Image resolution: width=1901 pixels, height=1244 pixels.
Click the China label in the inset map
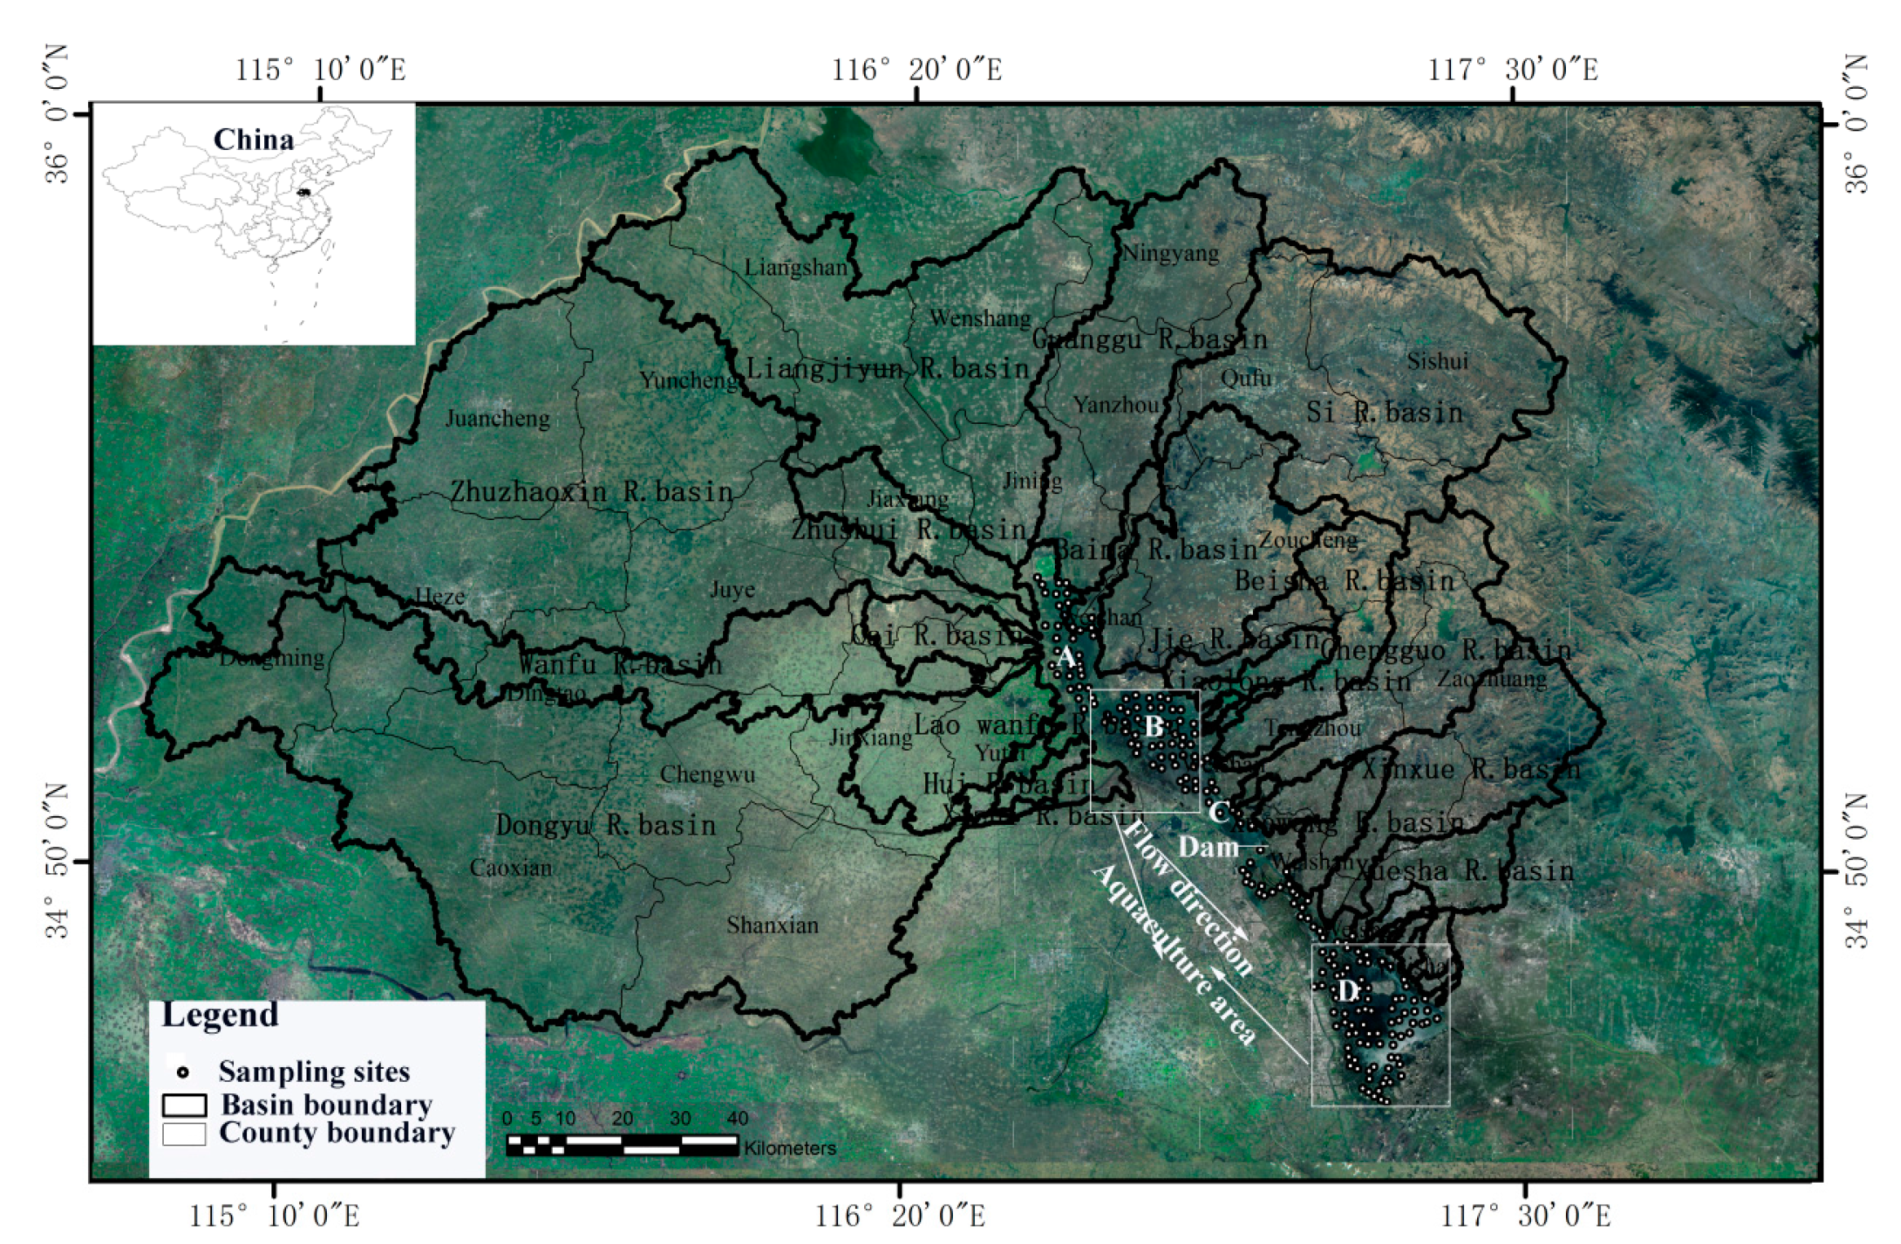253,140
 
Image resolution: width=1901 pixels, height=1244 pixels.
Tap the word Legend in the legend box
220,1015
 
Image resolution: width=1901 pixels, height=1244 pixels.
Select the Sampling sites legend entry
314,1071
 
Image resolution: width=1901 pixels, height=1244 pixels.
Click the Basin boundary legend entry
326,1105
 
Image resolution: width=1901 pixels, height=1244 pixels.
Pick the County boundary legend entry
337,1133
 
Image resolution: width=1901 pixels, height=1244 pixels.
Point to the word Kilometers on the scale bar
789,1148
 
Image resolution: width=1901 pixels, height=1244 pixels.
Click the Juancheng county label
497,419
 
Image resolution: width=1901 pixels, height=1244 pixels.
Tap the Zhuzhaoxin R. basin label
592,492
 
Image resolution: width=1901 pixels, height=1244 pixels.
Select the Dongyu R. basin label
605,825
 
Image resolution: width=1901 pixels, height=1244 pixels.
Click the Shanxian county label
772,925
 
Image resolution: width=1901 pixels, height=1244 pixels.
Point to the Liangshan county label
796,267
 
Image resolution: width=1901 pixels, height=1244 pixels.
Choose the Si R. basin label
1384,412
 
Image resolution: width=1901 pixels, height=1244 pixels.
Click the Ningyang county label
1171,254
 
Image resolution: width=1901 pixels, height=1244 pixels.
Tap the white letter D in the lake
1347,990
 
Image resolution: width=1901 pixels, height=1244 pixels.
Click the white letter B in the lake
1153,726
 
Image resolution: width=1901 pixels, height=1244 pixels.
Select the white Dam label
1208,848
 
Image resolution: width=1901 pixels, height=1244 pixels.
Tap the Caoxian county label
510,868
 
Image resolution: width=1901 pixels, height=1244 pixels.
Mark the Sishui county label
1437,361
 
